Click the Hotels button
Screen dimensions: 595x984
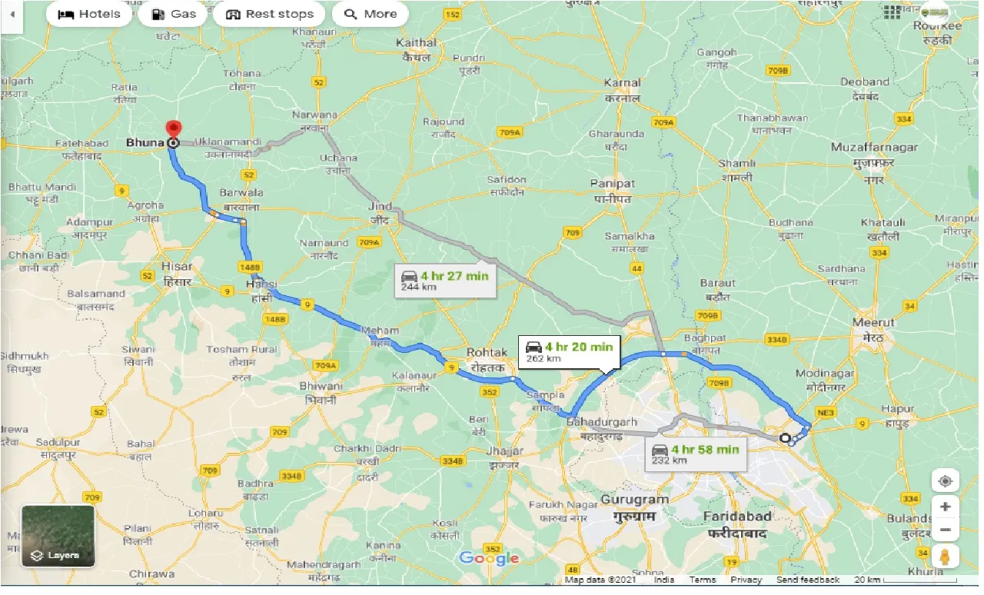tap(89, 14)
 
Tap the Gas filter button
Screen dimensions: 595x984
tap(173, 14)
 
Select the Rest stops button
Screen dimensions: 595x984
tap(269, 14)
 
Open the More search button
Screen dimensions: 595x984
tap(371, 14)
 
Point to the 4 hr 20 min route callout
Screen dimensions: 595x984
tap(569, 351)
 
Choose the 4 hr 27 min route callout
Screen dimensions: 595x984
tap(445, 281)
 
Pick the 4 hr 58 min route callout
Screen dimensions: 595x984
tap(696, 454)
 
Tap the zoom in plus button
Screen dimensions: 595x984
tap(945, 507)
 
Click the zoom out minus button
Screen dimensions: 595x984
tap(945, 530)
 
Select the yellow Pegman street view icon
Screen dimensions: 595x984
tap(945, 556)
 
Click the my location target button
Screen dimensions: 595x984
tap(945, 481)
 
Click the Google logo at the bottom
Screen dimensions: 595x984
tap(489, 559)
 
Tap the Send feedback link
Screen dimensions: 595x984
tap(808, 580)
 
